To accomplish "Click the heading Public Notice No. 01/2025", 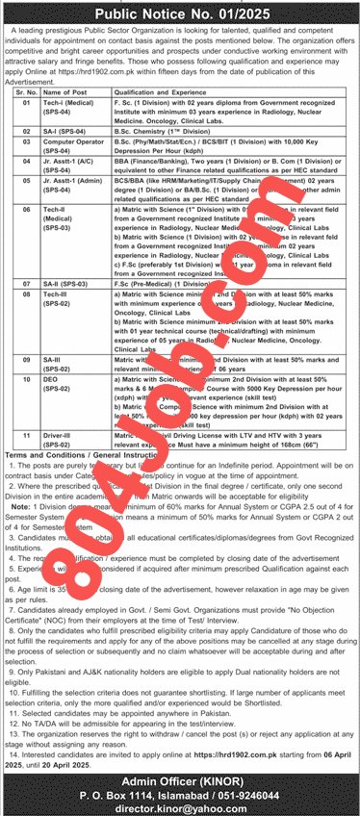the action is coord(180,13).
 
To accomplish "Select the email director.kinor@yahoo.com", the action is coord(180,804).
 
